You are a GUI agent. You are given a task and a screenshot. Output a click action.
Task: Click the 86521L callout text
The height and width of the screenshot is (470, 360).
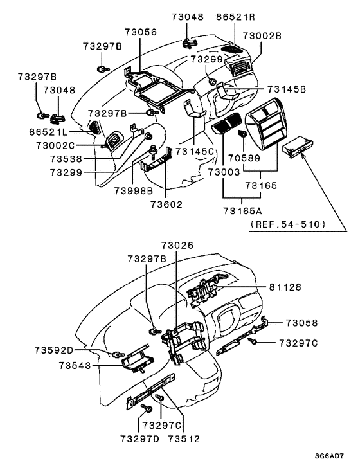(48, 131)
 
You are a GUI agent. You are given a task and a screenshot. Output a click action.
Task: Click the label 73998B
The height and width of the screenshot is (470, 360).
(133, 191)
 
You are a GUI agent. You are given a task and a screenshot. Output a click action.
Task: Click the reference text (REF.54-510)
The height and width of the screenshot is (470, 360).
(289, 224)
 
